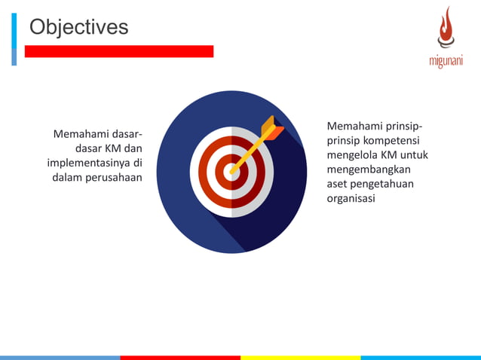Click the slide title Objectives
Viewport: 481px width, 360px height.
coord(78,28)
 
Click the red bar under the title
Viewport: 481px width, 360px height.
coord(119,51)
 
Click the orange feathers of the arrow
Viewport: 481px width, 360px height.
coord(271,129)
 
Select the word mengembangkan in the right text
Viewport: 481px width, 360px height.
coord(368,169)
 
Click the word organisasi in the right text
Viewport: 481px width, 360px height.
coord(351,198)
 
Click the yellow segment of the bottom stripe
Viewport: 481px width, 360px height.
coord(300,357)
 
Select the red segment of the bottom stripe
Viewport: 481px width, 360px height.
coord(180,357)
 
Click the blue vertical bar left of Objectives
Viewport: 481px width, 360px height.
coord(14,39)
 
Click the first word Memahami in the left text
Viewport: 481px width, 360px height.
coord(78,134)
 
